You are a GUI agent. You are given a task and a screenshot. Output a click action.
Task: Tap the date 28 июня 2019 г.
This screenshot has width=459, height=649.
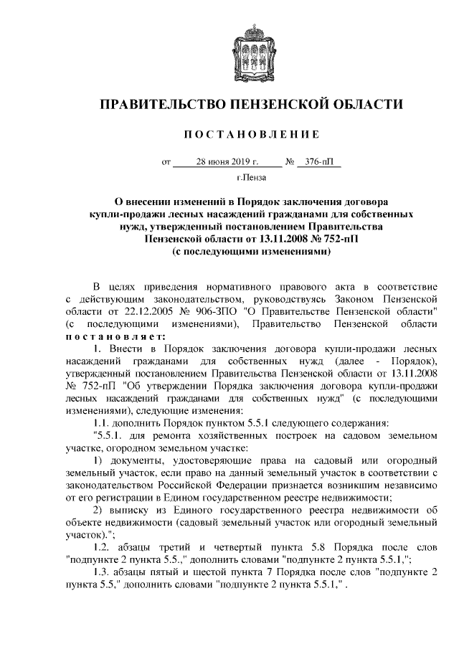227,162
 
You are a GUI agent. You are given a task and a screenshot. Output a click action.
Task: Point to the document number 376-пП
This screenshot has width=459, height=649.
319,162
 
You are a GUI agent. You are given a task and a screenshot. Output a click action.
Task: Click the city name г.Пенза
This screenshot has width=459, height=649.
250,176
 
